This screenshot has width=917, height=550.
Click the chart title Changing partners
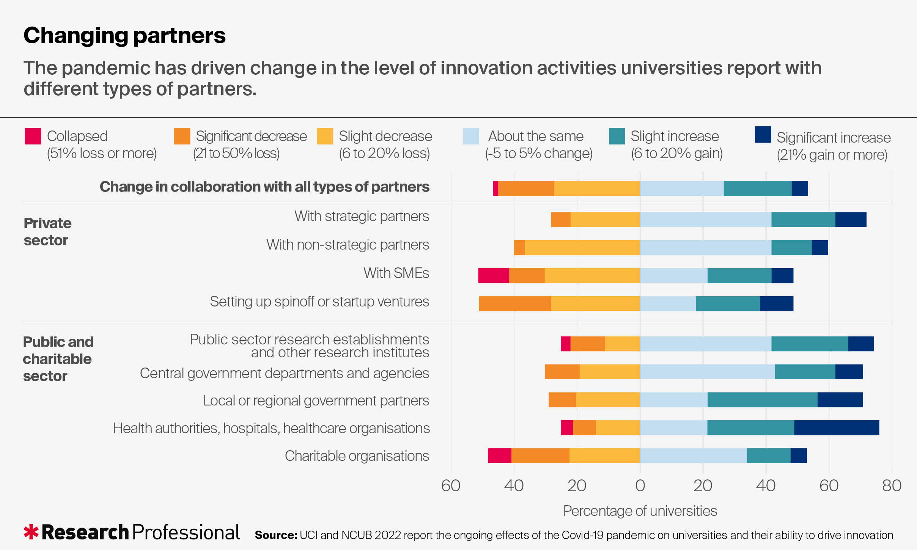coord(124,36)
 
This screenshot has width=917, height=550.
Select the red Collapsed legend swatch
coord(33,136)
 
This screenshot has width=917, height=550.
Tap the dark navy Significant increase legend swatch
coord(763,135)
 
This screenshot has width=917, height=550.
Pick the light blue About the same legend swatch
coord(471,136)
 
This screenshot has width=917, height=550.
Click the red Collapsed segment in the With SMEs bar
coord(493,275)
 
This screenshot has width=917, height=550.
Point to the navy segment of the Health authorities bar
coord(836,427)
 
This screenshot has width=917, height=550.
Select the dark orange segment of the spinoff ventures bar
coord(515,303)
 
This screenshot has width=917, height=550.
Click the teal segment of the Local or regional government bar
coord(762,400)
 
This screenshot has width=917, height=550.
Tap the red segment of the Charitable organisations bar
coord(500,456)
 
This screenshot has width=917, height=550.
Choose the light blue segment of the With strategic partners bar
coord(705,220)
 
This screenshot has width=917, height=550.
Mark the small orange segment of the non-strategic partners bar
coord(519,248)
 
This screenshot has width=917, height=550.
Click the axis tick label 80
coord(892,486)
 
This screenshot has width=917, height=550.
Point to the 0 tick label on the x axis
coord(640,486)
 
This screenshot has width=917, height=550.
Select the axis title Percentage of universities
coord(640,511)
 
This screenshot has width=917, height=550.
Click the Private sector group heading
coord(47,231)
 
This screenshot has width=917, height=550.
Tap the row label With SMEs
coord(396,273)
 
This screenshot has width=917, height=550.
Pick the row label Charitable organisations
coord(357,456)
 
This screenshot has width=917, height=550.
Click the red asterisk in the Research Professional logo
coord(31,532)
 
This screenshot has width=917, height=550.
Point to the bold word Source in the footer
coord(276,535)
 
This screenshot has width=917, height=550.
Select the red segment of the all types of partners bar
coord(495,189)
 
